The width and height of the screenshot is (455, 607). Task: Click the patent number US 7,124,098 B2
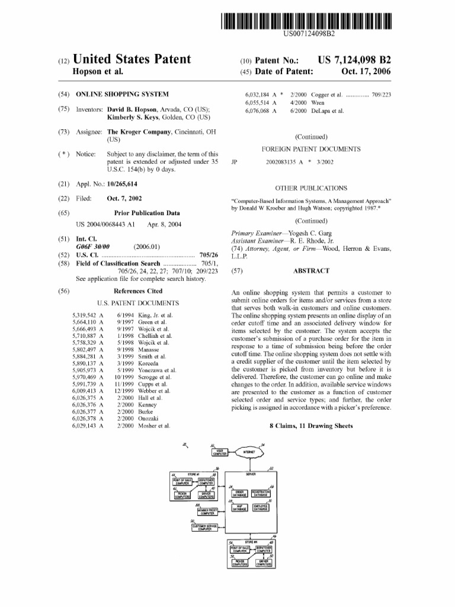pos(354,60)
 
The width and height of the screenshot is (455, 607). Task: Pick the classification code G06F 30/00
pos(97,246)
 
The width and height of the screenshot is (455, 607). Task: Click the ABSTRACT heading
pos(311,271)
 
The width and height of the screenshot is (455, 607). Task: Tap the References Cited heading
pos(137,292)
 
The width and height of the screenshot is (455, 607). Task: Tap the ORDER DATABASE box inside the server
pos(239,493)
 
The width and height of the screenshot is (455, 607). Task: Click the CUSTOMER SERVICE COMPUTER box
pos(205,528)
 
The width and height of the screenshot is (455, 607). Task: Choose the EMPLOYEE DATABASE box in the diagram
pos(261,507)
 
